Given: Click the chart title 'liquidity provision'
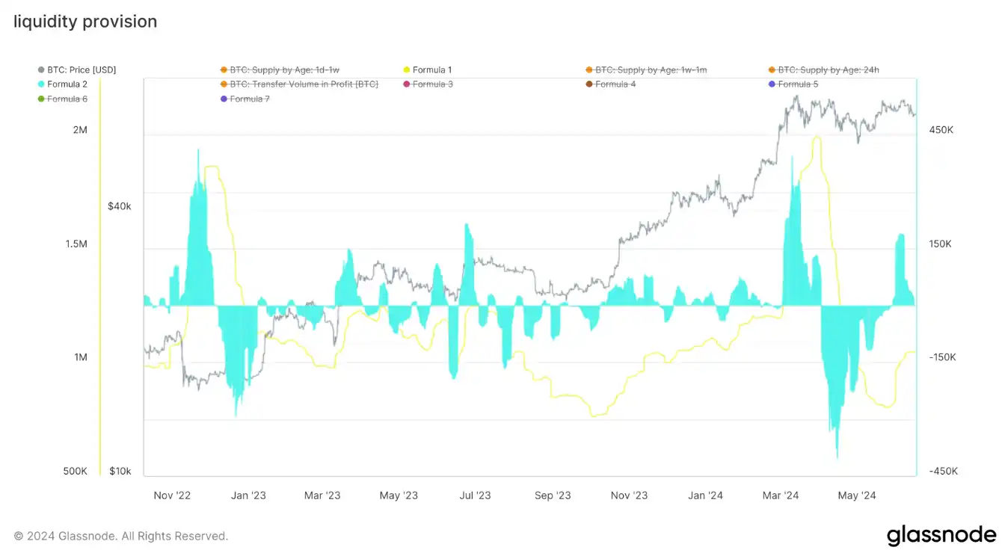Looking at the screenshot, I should click(85, 22).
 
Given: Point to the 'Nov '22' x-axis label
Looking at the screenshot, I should click(172, 495).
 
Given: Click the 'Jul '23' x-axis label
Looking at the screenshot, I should click(475, 495).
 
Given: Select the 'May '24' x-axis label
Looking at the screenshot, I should click(857, 495).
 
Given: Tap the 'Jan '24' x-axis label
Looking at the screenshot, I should click(705, 495).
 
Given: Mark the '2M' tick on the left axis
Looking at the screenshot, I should click(80, 130).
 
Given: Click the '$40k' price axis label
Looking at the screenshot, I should click(120, 206).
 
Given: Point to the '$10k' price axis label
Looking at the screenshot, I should click(120, 472).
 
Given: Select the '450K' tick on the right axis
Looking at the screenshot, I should click(941, 130).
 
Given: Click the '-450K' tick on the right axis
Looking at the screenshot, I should click(942, 472).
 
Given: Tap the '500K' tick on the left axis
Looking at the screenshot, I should click(75, 472).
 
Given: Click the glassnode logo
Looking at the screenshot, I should click(941, 535).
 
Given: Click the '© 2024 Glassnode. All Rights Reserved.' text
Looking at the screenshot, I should click(121, 536).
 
